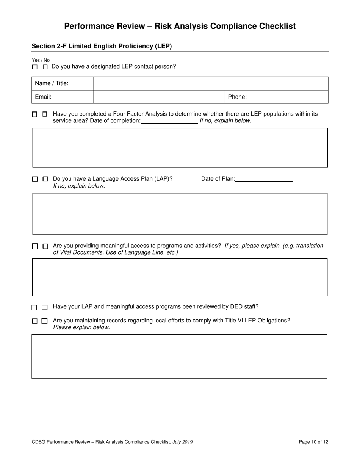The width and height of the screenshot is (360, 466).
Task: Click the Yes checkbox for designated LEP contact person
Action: (x=35, y=67)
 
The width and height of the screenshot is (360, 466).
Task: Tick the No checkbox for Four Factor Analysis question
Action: (x=45, y=114)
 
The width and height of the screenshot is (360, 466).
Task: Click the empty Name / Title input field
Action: (x=210, y=83)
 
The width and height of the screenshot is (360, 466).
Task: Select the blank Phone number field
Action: (x=294, y=97)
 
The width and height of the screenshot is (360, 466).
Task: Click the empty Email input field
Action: (x=159, y=97)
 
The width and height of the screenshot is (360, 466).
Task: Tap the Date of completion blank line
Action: (x=169, y=121)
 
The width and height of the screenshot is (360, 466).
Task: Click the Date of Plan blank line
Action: (x=264, y=179)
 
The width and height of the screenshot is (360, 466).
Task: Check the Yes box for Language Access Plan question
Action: (x=35, y=179)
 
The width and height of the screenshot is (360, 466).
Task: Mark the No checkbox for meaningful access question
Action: (x=45, y=246)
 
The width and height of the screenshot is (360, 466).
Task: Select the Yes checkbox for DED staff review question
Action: (x=34, y=307)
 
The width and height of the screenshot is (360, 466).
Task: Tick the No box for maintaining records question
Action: (x=45, y=321)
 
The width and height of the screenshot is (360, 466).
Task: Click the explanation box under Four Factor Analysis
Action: (x=180, y=148)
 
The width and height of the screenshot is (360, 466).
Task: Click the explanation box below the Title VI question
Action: (x=179, y=357)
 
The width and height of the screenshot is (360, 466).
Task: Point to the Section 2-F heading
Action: (x=102, y=46)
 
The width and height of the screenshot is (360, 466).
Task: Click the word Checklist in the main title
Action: (x=271, y=26)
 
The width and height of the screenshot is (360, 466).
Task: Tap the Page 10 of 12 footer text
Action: (x=313, y=442)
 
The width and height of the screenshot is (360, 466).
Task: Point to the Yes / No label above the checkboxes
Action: (x=41, y=60)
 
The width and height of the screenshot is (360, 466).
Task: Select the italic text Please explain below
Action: (x=81, y=327)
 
